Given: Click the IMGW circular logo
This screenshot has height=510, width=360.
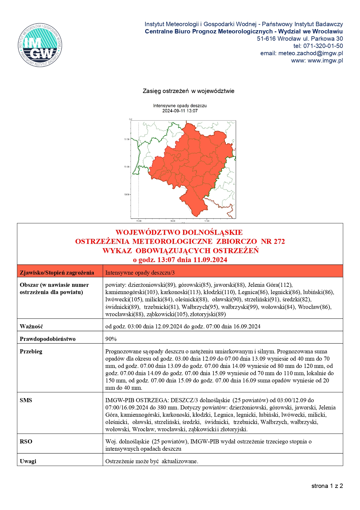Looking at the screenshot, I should [40, 45].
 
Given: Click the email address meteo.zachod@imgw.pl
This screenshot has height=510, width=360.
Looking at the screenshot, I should [310, 53].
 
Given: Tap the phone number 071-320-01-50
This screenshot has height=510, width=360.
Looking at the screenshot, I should [323, 46].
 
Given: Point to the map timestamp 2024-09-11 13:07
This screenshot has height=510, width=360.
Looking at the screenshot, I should [180, 111].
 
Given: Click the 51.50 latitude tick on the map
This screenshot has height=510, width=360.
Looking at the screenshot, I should [127, 139].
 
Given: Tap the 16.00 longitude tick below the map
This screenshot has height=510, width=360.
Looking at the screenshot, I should [173, 221].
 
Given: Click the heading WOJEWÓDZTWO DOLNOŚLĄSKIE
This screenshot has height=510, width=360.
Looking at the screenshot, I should [179, 232].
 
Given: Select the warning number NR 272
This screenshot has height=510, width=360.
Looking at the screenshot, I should [273, 241].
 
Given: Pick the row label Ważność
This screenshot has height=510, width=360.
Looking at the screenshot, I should [31, 326].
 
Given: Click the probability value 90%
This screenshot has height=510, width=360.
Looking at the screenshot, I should [111, 339].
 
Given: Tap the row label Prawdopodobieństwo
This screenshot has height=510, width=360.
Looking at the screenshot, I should [48, 339].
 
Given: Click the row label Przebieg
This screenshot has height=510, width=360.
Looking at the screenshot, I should [31, 351].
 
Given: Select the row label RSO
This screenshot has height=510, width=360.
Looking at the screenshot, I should [26, 441].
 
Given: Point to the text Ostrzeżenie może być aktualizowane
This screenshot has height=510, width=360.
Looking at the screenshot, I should [152, 461].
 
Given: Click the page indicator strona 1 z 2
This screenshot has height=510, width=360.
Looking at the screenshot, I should [327, 486].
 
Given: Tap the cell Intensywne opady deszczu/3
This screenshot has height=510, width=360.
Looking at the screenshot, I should [140, 273].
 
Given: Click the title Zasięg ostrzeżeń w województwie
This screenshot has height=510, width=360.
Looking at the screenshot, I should [188, 91].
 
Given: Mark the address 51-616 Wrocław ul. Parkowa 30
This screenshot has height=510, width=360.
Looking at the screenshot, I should [300, 39].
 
